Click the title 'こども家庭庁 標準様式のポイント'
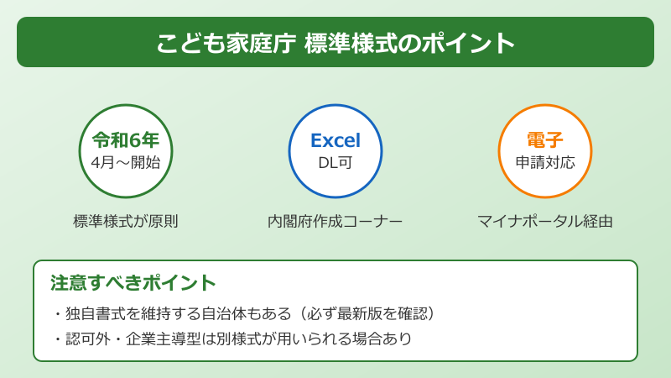(335, 43)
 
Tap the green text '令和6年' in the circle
(126, 140)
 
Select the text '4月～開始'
(126, 162)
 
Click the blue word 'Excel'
(335, 140)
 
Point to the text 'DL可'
(335, 162)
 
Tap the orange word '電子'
(545, 140)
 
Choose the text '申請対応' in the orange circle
(545, 162)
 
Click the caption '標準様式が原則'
(126, 221)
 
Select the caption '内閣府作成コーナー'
(335, 221)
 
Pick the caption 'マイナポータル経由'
(545, 221)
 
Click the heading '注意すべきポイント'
(133, 283)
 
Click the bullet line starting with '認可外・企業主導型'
(231, 339)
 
